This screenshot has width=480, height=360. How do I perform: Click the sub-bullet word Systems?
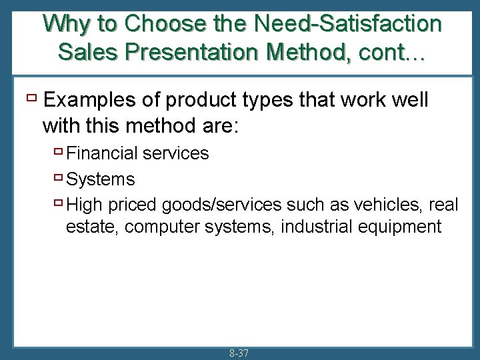pyautogui.click(x=101, y=179)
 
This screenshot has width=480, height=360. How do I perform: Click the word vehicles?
pyautogui.click(x=391, y=205)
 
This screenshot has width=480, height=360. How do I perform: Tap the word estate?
pyautogui.click(x=93, y=227)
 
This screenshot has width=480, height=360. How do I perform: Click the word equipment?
pyautogui.click(x=403, y=227)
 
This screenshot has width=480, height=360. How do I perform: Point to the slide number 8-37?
pyautogui.click(x=238, y=353)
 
